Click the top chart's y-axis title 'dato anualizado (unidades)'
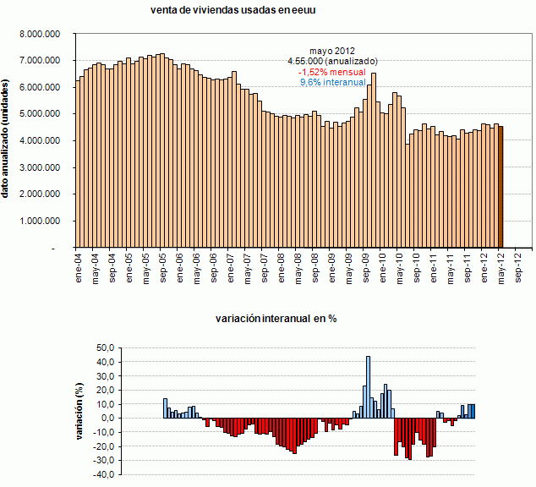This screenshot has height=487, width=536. (x=7, y=140)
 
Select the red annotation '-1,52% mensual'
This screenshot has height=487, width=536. (x=331, y=73)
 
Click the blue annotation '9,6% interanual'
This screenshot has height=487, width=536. (x=332, y=83)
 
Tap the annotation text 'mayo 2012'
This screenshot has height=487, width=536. (x=331, y=51)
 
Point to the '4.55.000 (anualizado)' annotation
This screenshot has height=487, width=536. (x=332, y=62)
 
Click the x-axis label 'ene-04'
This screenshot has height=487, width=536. (x=78, y=267)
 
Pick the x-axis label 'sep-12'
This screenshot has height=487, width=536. (x=517, y=267)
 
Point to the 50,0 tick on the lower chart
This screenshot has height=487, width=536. (x=105, y=347)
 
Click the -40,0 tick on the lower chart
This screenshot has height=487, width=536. (x=103, y=474)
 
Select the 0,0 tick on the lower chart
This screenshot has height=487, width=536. (x=108, y=418)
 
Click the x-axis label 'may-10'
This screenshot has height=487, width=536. (x=399, y=267)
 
